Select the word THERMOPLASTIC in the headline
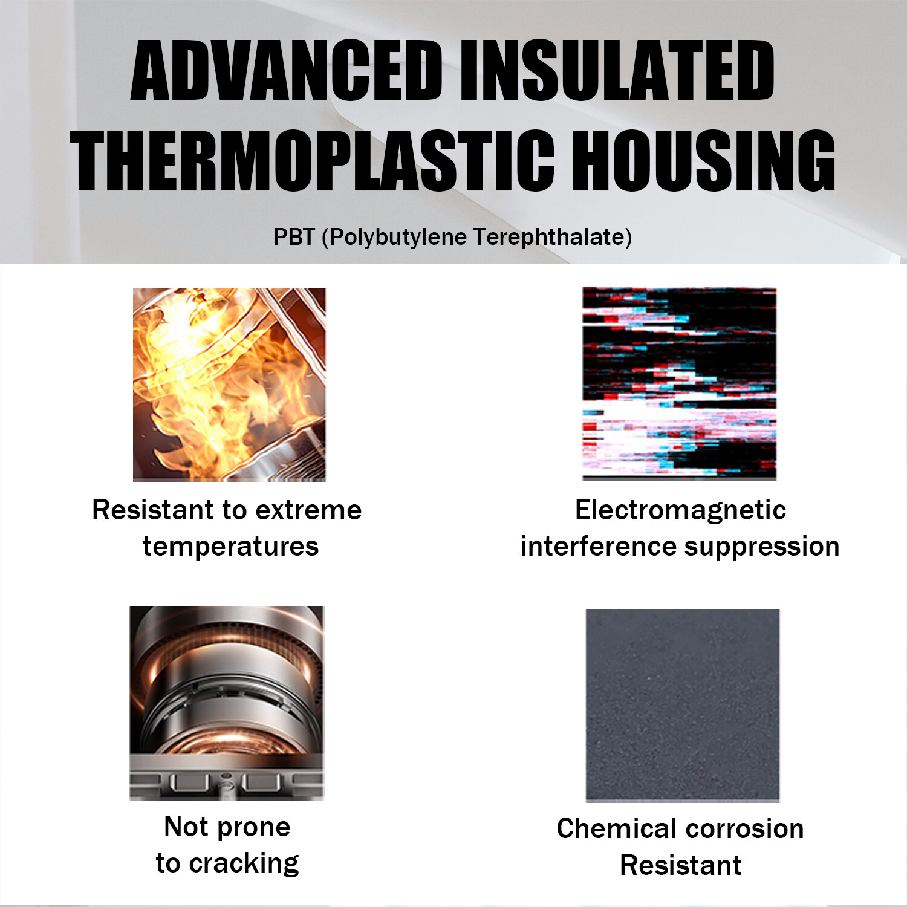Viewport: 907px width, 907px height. pos(313,161)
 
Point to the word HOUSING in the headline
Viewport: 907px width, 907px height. pos(704,161)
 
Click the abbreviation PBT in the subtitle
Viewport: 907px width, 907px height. pos(294,237)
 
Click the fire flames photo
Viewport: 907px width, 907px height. pos(229,385)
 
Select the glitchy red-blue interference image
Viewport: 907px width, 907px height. pos(680,383)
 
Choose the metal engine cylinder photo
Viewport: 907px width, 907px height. pos(227,703)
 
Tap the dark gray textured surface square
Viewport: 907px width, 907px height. pos(683,706)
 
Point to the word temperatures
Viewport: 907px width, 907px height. pos(230,547)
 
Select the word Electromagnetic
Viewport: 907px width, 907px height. pos(680,510)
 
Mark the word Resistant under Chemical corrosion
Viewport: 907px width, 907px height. pos(681,865)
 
